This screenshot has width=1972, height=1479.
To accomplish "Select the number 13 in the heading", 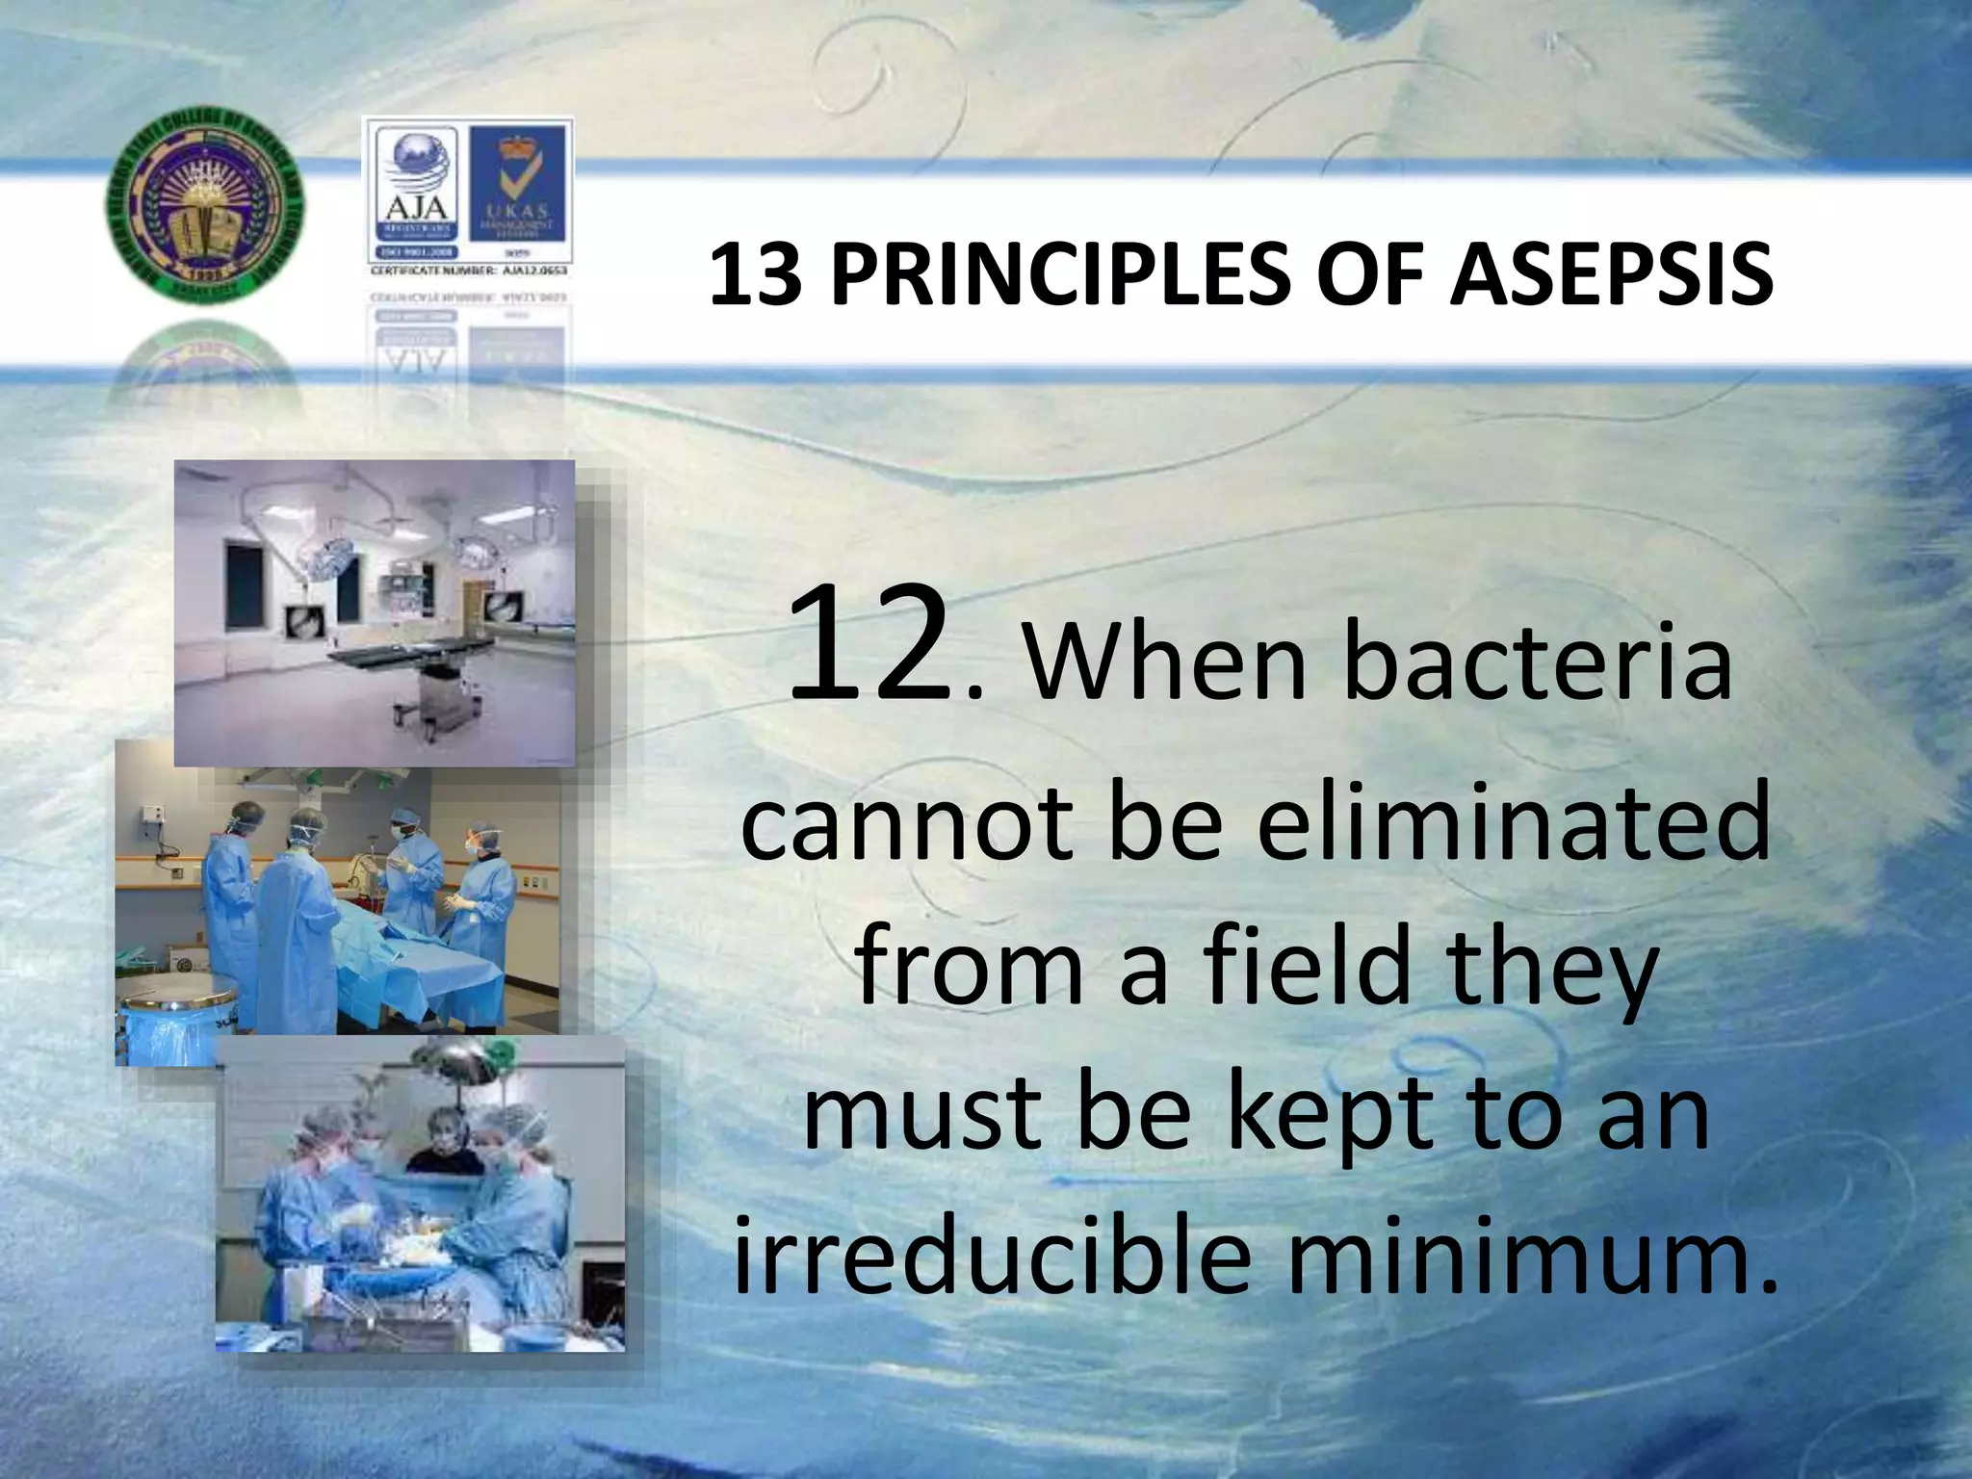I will [757, 275].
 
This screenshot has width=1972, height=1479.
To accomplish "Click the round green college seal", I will [202, 215].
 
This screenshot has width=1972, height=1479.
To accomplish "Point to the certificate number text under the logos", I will [469, 272].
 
